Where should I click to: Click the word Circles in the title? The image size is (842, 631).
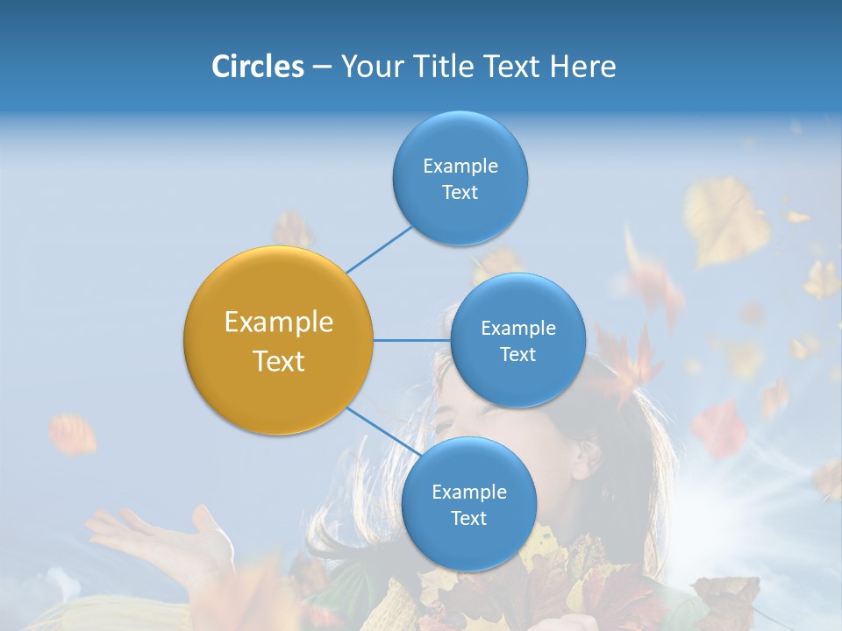click(257, 67)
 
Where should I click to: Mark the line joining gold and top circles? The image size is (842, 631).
click(379, 250)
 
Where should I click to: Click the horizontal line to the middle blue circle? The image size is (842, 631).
click(411, 340)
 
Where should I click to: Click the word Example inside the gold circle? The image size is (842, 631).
click(279, 323)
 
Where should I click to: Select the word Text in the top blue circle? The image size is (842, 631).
click(460, 193)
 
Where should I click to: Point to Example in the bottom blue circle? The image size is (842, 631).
click(468, 493)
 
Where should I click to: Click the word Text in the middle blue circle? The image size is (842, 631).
click(517, 355)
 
